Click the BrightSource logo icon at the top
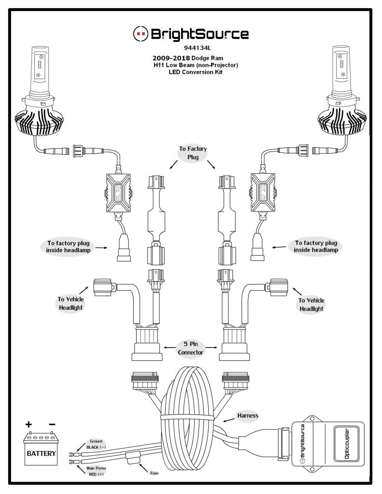(141, 33)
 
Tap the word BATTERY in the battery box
(41, 453)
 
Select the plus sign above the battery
(29, 425)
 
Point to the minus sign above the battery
(52, 425)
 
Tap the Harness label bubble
(248, 415)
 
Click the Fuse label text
(154, 473)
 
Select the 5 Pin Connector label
(191, 348)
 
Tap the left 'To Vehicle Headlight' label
(71, 304)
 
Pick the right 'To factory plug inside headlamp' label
(316, 247)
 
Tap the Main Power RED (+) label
(96, 471)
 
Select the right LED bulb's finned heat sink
(343, 123)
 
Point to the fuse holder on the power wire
(130, 459)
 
